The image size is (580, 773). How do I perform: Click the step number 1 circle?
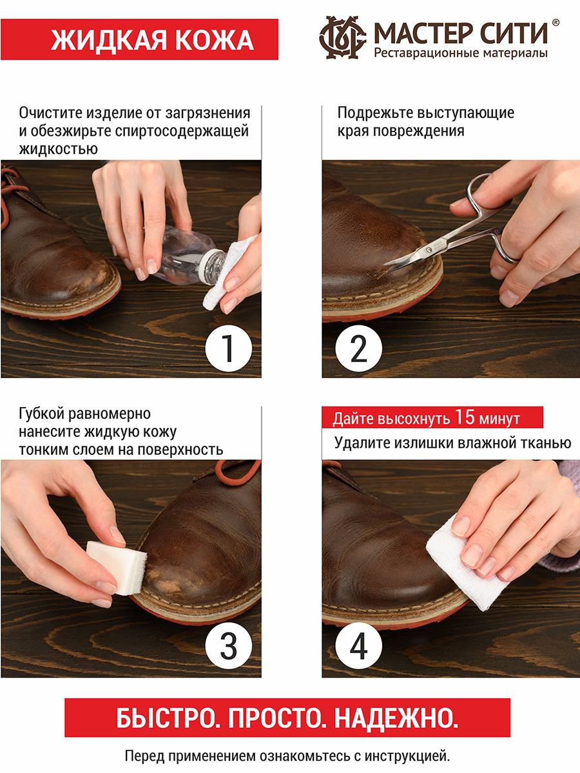tap(229, 348)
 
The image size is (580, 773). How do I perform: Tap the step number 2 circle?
tap(358, 348)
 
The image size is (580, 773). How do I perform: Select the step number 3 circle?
tap(229, 645)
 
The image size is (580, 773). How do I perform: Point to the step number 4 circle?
tap(358, 645)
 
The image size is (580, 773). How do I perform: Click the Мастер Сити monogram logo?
tap(342, 37)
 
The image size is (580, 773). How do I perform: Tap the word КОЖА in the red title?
tap(214, 40)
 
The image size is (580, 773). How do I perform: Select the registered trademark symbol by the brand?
tap(556, 23)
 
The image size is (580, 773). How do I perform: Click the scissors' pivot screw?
tap(429, 251)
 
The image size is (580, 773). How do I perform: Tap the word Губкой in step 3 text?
tap(41, 414)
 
